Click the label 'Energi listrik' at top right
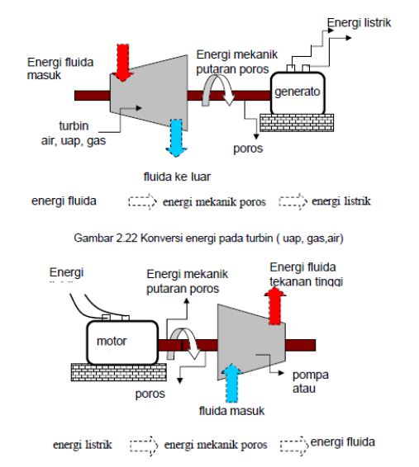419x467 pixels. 359,21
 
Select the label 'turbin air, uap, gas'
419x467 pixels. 70,136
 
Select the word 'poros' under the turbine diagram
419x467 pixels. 248,149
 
